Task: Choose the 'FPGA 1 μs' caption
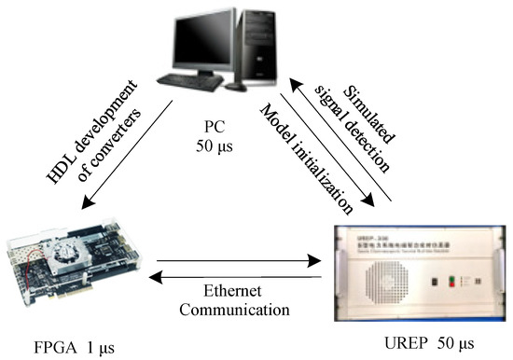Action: coord(66,347)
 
